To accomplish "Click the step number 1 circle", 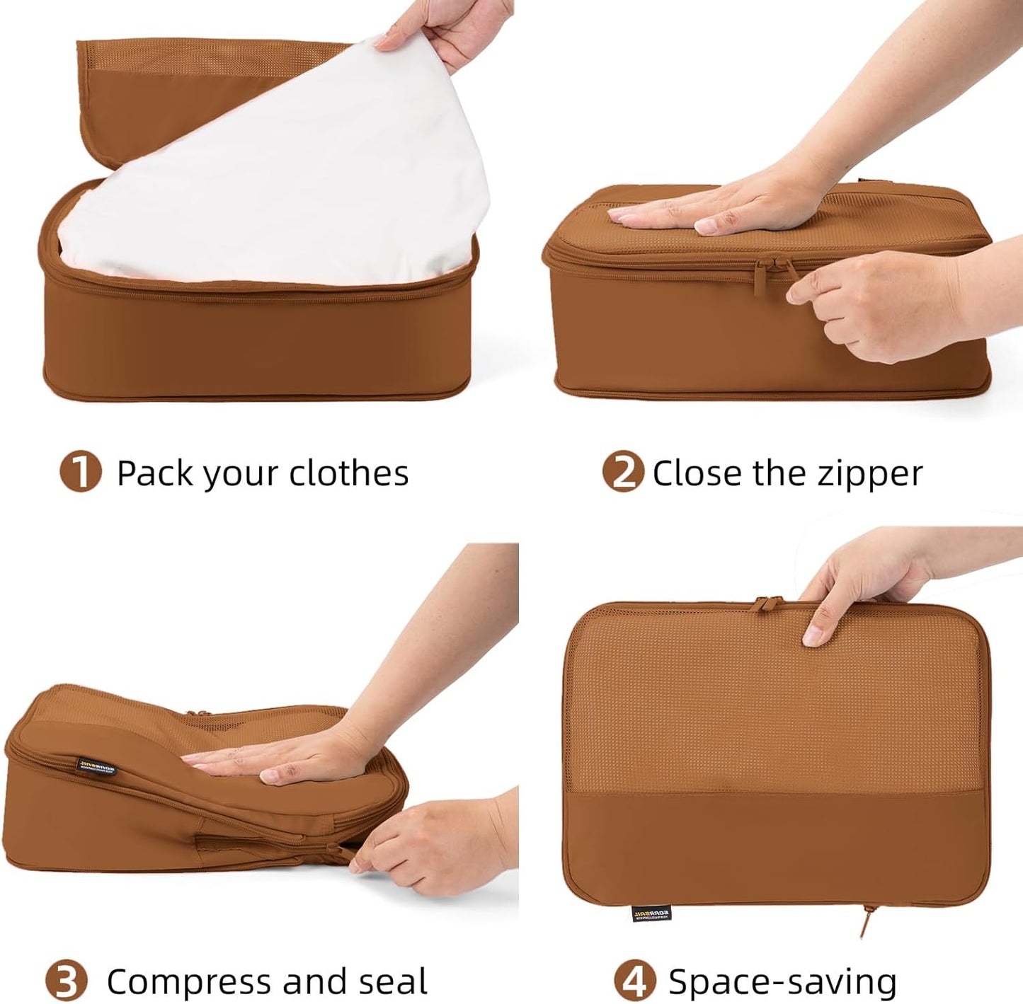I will [x=80, y=472].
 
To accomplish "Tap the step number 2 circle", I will [x=623, y=472].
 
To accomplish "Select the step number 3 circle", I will [x=66, y=981].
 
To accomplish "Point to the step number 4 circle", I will [x=634, y=981].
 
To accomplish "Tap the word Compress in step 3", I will [x=189, y=982].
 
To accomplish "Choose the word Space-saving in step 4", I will [x=782, y=982].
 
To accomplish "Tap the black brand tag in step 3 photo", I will [x=96, y=766].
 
